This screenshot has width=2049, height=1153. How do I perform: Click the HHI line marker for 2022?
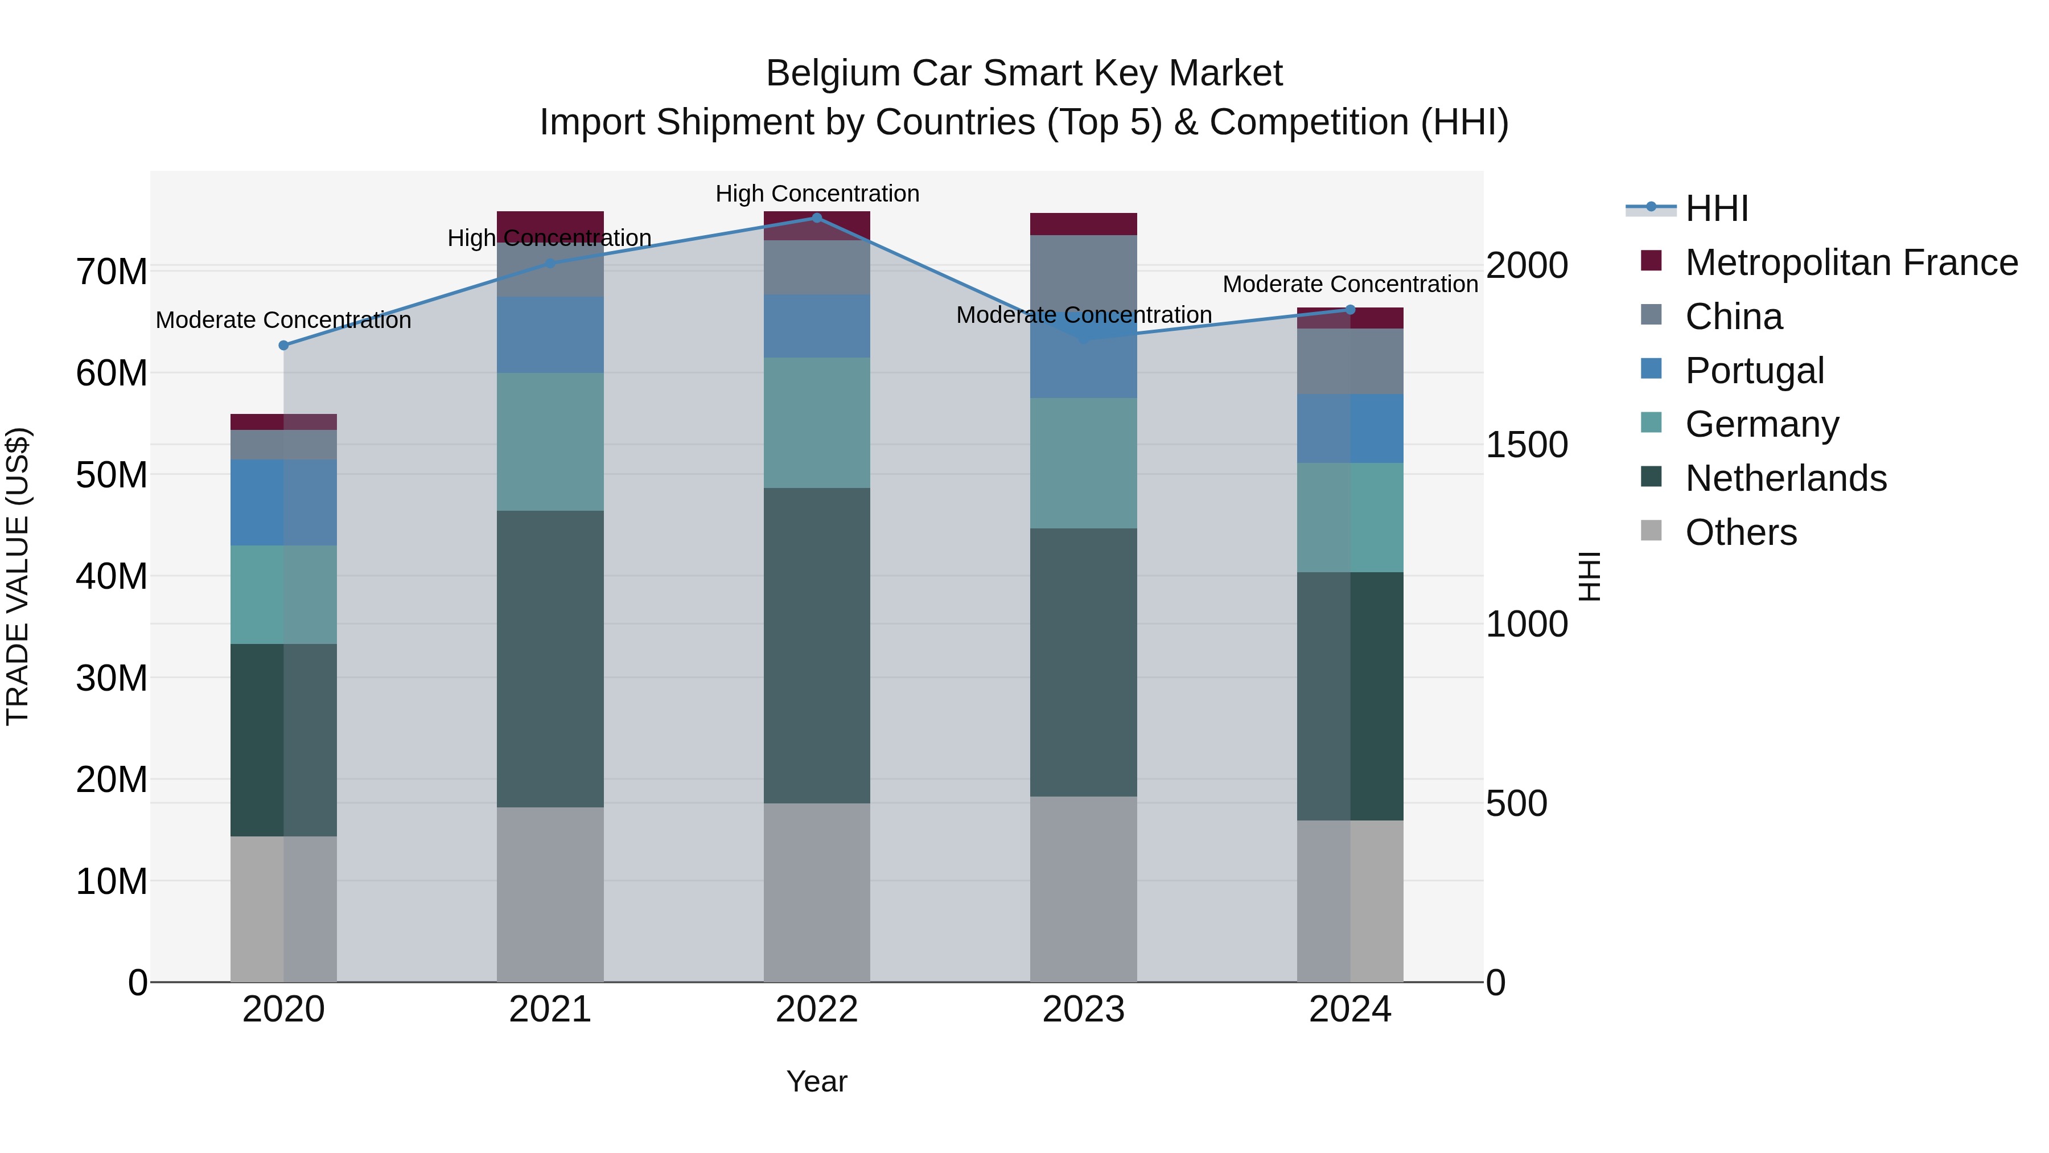[816, 218]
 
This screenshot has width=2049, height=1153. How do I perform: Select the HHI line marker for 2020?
[283, 346]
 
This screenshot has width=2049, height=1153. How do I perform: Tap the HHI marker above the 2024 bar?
[1350, 310]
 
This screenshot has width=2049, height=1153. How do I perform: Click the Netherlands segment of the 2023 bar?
[1083, 662]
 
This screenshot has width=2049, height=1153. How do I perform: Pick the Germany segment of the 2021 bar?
[550, 442]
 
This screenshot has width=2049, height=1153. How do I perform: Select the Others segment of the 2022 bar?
[816, 892]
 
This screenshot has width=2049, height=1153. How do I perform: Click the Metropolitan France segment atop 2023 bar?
[1083, 224]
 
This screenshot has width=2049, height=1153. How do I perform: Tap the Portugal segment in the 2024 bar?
[1350, 428]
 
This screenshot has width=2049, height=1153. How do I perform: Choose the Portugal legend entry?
[1754, 371]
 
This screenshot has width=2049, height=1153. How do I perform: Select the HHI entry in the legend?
[1717, 208]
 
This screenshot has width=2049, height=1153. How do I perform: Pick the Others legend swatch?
[1651, 531]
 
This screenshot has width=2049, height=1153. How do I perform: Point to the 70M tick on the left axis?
[112, 272]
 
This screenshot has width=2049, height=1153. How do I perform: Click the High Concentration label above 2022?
[817, 194]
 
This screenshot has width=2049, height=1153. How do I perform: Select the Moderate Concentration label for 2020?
[283, 320]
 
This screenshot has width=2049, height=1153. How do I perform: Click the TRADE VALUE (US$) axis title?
[18, 576]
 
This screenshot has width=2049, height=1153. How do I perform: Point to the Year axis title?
[816, 1081]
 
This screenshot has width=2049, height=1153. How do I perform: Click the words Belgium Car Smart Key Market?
[1024, 73]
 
